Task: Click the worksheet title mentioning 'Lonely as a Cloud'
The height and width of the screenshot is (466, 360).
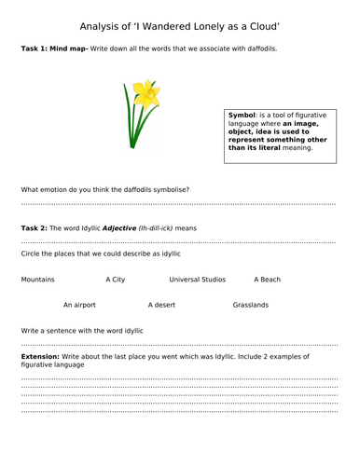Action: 179,26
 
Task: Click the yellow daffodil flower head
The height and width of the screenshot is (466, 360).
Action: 145,92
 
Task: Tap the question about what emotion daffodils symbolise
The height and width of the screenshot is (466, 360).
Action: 104,189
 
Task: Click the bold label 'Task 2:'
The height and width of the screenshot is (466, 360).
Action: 34,228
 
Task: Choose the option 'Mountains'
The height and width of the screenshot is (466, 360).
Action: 37,279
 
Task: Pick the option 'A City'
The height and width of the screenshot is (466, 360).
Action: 116,279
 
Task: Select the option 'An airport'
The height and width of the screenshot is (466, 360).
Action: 79,305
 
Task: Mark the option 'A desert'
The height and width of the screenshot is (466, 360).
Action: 162,305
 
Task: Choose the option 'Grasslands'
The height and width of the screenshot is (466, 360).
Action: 251,305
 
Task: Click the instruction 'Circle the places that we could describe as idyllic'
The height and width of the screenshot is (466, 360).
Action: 100,254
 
